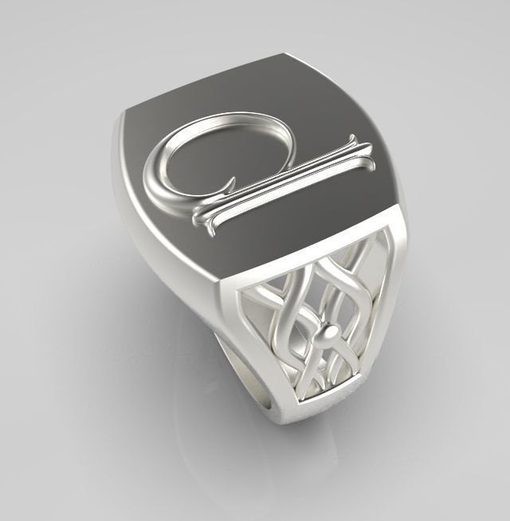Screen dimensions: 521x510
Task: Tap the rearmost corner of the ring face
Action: [284, 56]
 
